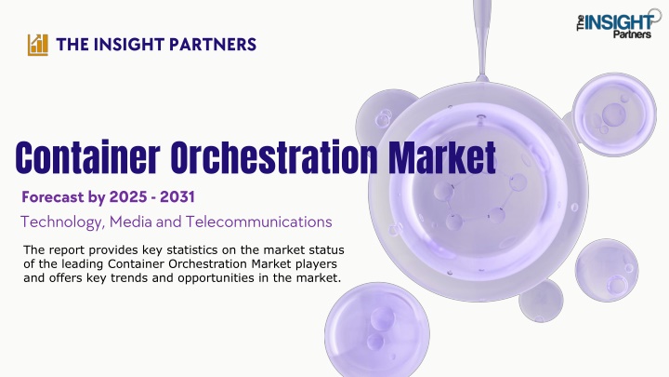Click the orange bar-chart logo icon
(x=38, y=45)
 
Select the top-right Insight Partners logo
(x=618, y=24)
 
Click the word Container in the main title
(x=87, y=157)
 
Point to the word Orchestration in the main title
(x=274, y=157)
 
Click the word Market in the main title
(x=442, y=157)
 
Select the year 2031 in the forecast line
(x=177, y=197)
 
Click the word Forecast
(x=53, y=197)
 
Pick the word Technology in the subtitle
(x=63, y=222)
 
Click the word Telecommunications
(x=258, y=222)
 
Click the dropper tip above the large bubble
(x=482, y=78)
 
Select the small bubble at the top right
(x=614, y=114)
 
